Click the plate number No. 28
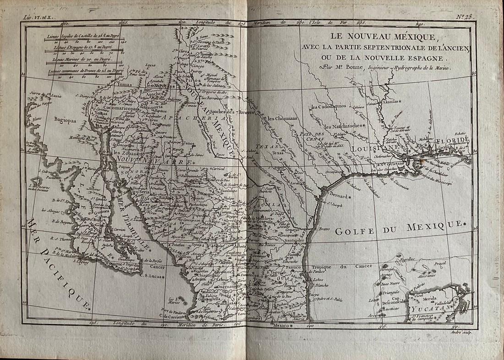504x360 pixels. coord(467,17)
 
